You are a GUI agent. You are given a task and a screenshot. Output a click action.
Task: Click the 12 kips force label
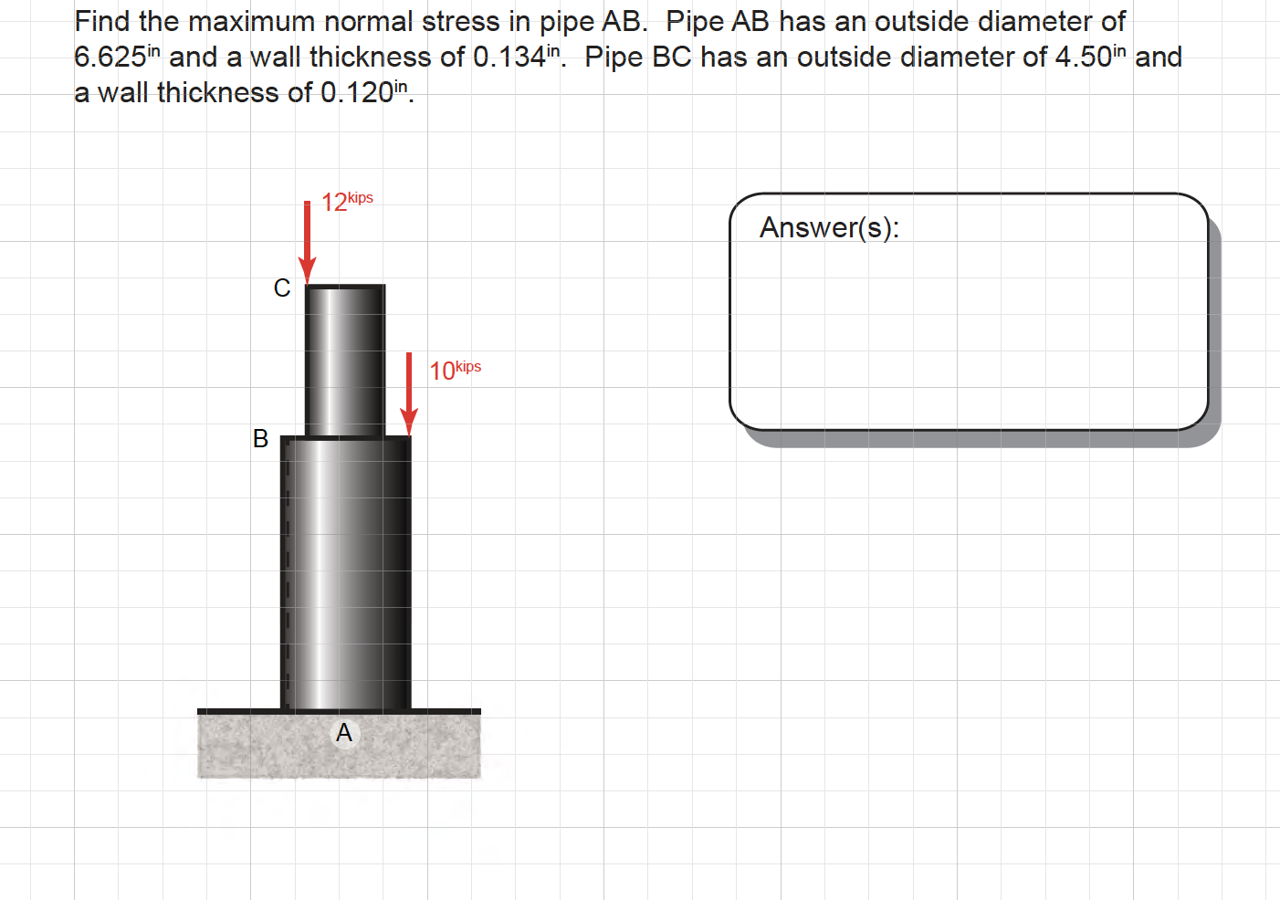point(346,201)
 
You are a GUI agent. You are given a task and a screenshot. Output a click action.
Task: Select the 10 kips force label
point(454,370)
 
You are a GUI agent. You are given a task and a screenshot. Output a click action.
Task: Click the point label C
point(282,288)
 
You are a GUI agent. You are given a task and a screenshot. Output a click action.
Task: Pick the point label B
point(260,439)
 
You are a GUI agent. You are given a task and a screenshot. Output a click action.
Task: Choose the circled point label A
point(344,733)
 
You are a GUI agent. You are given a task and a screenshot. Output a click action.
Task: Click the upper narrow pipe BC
point(345,361)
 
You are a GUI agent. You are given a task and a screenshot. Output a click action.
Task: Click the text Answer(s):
point(829,227)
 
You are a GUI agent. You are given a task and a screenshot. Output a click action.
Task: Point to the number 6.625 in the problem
point(110,58)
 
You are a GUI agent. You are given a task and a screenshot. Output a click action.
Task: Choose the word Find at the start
point(102,22)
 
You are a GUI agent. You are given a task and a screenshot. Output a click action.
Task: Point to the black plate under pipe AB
point(338,711)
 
